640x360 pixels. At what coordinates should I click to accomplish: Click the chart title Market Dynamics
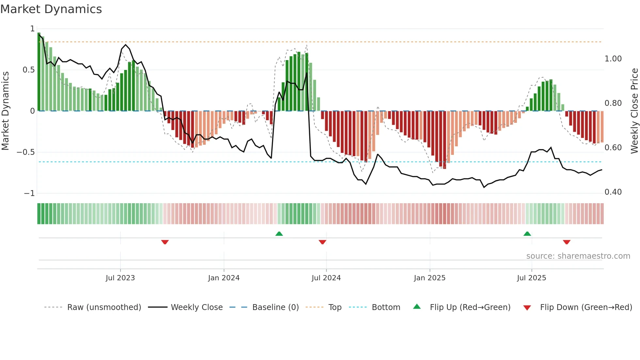51,9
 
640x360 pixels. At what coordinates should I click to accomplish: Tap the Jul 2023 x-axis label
120,278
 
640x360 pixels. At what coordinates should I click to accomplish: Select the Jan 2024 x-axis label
224,278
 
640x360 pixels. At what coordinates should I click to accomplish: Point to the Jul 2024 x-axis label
326,278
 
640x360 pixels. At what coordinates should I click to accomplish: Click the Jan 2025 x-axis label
429,278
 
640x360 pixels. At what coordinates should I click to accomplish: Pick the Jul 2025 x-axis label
531,278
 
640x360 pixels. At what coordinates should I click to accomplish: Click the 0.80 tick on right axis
613,103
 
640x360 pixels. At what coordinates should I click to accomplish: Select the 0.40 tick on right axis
613,192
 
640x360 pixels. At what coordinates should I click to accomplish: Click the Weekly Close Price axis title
634,111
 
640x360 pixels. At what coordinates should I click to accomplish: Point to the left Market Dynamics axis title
5,111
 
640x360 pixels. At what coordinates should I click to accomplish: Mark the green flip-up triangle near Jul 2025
527,234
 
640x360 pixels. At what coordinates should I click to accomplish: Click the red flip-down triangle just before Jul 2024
322,242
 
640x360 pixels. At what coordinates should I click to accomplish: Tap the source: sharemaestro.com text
578,256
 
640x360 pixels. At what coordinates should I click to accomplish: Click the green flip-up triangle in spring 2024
279,234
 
